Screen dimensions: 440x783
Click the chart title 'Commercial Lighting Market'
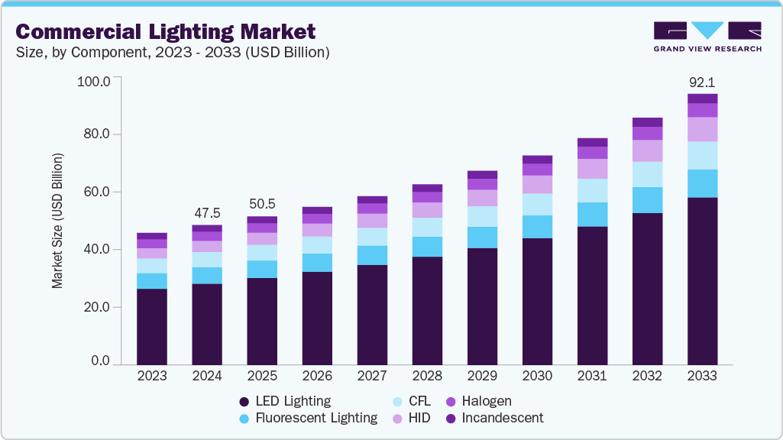pos(165,32)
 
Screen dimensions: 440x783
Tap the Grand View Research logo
pos(707,37)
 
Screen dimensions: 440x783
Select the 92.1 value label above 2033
pos(702,82)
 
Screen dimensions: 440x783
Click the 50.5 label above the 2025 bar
pos(262,205)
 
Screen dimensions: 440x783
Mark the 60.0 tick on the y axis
pos(97,192)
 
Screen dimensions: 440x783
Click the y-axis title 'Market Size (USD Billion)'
pos(57,221)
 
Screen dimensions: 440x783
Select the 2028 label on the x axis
pos(427,376)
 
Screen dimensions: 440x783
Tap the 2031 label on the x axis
pos(592,376)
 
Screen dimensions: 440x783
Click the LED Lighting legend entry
pos(285,401)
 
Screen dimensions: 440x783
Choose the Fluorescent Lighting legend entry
pos(308,418)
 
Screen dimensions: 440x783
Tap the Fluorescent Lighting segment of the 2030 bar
pos(537,227)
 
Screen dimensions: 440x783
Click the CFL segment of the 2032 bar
pos(647,174)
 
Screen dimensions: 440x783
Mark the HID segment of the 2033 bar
pos(702,129)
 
